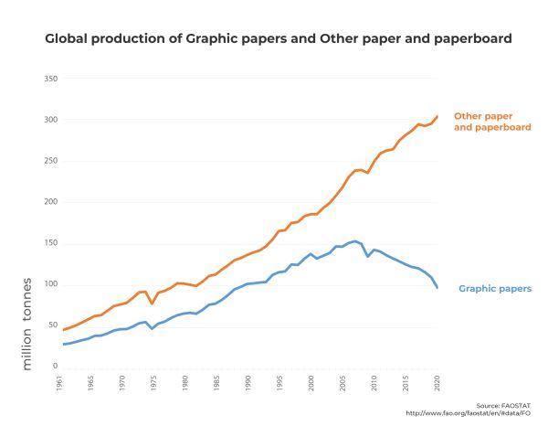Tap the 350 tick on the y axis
pyautogui.click(x=51, y=79)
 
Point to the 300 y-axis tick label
pyautogui.click(x=51, y=120)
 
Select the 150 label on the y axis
pyautogui.click(x=51, y=243)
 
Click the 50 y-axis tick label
pyautogui.click(x=53, y=325)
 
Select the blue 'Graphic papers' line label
pyautogui.click(x=494, y=289)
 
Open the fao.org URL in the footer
pyautogui.click(x=468, y=412)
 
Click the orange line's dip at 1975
pyautogui.click(x=152, y=303)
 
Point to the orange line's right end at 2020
pyautogui.click(x=437, y=116)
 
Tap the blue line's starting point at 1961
pyautogui.click(x=62, y=345)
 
